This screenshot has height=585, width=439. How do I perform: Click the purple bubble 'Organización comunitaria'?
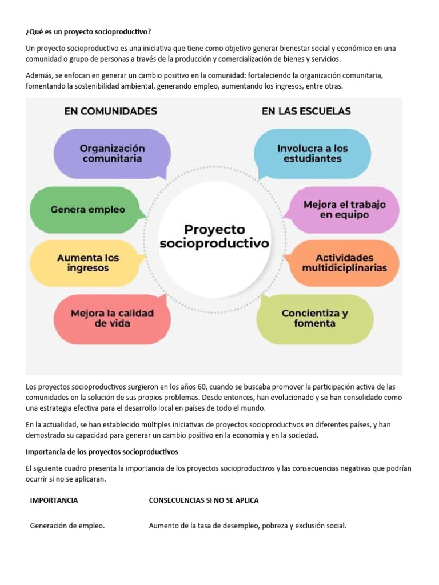point(111,153)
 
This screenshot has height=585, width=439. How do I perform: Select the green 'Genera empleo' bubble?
point(87,210)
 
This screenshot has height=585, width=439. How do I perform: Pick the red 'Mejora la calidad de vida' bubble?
point(112,318)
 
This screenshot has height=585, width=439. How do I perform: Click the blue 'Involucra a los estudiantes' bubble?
point(312,153)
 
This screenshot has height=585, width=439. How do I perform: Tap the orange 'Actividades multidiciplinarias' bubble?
point(344,263)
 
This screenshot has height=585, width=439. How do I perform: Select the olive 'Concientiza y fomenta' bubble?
point(314,318)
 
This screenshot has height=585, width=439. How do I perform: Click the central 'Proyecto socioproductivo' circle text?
point(214,236)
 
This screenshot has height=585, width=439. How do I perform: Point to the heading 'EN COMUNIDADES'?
point(110,111)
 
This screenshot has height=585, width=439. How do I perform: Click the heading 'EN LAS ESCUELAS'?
point(306,111)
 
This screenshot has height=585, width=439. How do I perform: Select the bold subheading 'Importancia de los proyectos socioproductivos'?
point(102,452)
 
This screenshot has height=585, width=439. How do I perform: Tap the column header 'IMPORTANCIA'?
point(54,500)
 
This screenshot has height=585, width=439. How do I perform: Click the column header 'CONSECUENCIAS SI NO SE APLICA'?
point(203,500)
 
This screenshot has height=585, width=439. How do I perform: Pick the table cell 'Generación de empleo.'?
point(67,526)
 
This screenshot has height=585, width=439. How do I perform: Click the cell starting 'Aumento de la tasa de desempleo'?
point(248,526)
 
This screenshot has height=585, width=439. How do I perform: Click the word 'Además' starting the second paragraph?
point(39,75)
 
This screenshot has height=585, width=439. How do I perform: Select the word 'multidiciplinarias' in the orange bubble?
point(344,268)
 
